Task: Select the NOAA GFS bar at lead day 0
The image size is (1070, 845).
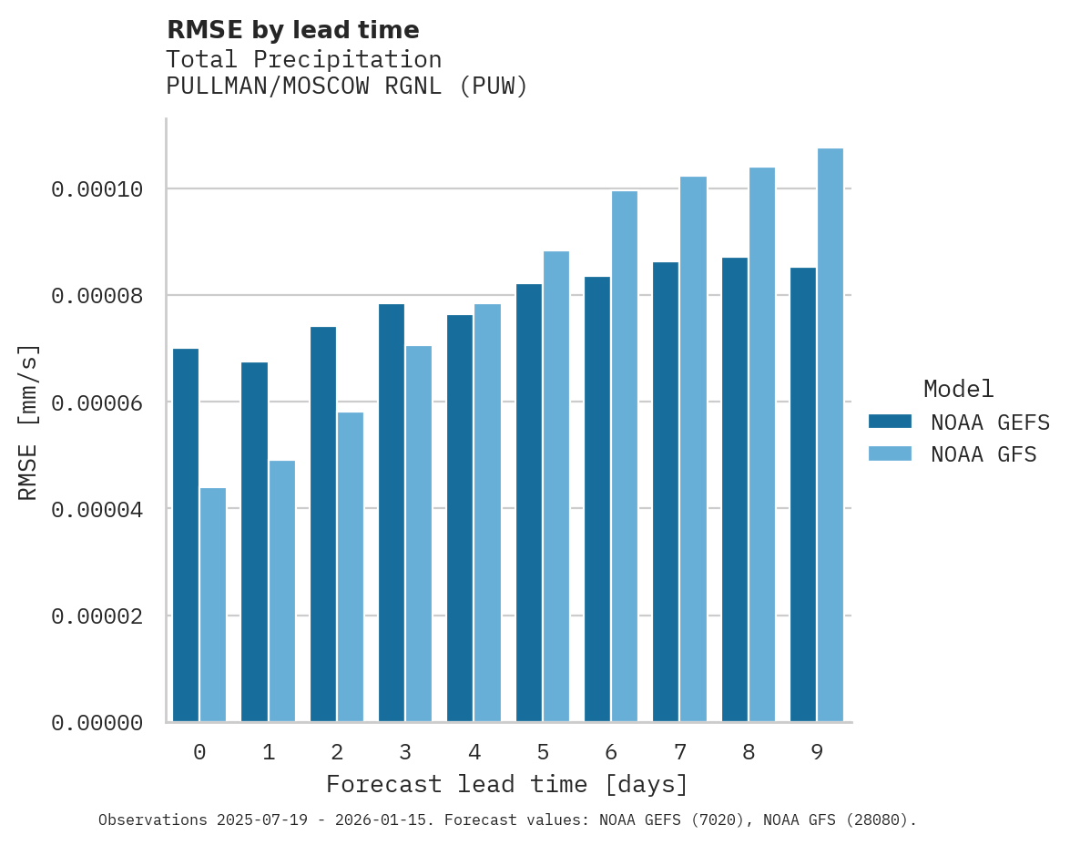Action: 213,606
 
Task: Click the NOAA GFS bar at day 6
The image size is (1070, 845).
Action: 625,456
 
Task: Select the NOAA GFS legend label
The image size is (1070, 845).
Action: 983,454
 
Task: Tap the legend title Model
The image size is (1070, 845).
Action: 958,389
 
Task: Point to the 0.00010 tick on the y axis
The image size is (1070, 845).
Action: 97,189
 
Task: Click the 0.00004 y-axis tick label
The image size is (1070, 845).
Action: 97,509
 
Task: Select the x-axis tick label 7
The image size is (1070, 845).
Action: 679,752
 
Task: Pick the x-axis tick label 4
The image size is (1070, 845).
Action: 474,752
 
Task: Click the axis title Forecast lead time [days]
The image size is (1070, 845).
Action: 507,784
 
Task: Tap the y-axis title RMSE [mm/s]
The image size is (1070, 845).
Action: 28,422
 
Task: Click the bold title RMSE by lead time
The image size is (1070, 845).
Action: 293,30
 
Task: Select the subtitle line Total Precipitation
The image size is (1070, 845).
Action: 304,60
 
